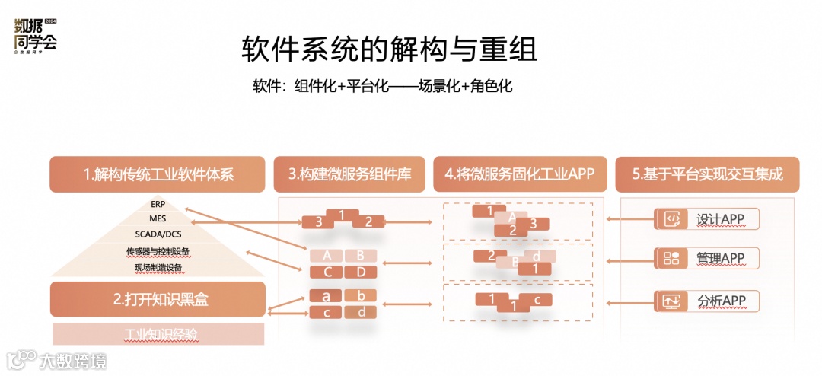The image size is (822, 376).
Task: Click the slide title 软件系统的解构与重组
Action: click(x=389, y=49)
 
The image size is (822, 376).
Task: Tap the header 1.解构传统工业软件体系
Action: click(x=158, y=174)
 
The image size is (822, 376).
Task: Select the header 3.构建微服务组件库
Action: click(x=349, y=174)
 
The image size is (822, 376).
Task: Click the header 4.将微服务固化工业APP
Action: click(x=520, y=174)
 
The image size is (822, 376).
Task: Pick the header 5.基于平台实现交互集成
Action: click(x=707, y=174)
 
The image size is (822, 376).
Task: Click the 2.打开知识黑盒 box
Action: click(x=158, y=299)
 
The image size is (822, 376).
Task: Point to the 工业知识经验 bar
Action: click(x=158, y=333)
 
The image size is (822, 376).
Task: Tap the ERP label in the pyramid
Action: click(x=158, y=204)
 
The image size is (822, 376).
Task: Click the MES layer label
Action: click(x=158, y=219)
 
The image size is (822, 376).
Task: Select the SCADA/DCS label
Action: click(x=158, y=234)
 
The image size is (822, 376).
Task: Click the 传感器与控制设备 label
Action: click(x=158, y=251)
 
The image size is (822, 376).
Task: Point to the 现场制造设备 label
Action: click(x=158, y=267)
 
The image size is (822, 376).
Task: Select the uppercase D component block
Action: click(x=360, y=272)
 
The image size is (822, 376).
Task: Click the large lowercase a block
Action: click(x=325, y=296)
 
